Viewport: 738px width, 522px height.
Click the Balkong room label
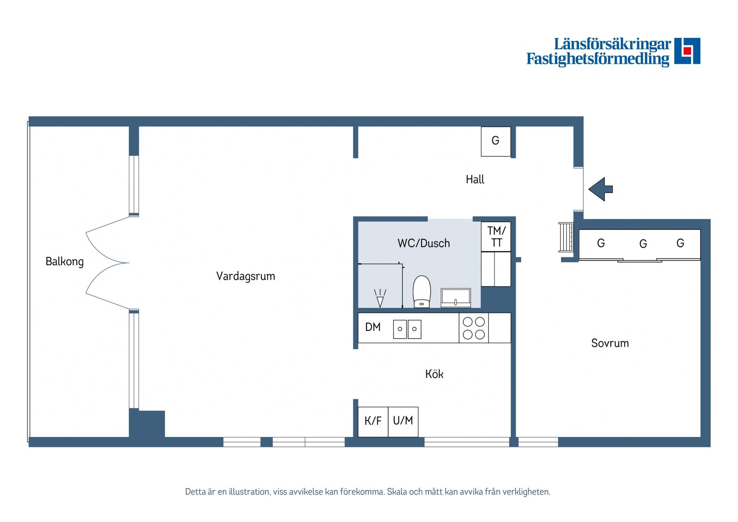tap(65, 262)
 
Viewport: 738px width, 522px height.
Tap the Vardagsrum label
tap(245, 277)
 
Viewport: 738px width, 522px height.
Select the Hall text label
tap(475, 180)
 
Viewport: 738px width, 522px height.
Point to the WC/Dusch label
tap(424, 243)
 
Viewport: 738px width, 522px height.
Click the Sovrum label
tap(610, 343)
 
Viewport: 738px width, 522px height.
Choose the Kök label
tap(434, 374)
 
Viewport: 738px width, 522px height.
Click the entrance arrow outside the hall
tap(600, 189)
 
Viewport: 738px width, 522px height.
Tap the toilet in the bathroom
tap(422, 292)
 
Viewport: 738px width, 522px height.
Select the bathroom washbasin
tap(456, 298)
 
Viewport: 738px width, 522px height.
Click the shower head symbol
tap(380, 298)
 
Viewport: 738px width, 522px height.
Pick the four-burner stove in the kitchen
tap(474, 328)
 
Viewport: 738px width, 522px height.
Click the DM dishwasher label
tap(373, 327)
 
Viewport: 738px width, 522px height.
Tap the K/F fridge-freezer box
tap(373, 422)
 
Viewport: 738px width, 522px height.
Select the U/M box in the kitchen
tap(403, 422)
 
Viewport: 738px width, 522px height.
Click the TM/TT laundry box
tap(496, 236)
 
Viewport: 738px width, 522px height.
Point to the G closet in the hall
tap(496, 141)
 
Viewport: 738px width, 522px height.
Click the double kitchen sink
tap(407, 329)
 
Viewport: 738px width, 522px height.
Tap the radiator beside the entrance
tap(566, 237)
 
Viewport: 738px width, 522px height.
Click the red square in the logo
tap(687, 50)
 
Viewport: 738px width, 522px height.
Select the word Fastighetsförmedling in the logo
tap(598, 59)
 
